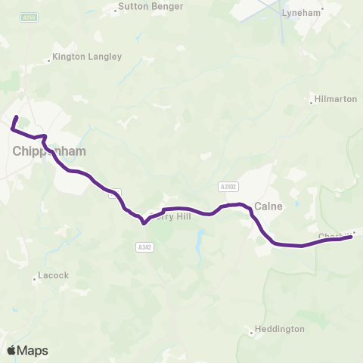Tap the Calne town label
pos(268,205)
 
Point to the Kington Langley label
pos(85,57)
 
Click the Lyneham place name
pos(301,13)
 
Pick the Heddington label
pos(280,329)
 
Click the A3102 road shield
pos(227,186)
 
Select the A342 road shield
pos(144,247)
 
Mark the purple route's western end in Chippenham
pos(16,117)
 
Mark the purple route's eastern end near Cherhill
pos(352,237)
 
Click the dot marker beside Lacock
pos(35,280)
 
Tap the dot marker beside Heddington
pos(252,330)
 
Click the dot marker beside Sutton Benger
pos(115,11)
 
